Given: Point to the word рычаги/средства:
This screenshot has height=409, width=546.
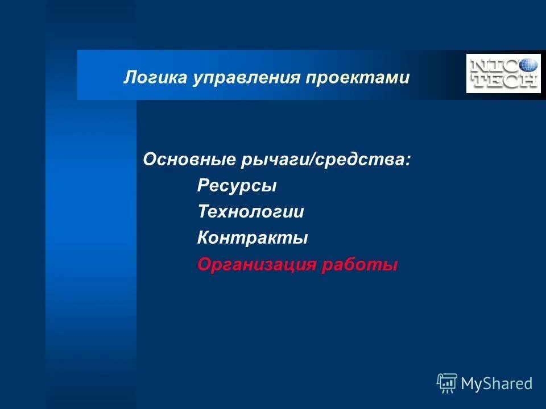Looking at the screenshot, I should pyautogui.click(x=325, y=160).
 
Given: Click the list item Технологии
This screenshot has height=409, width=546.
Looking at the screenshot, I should pyautogui.click(x=251, y=212).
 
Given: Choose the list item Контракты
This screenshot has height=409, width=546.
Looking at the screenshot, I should pyautogui.click(x=253, y=239).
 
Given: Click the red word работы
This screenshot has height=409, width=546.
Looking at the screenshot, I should pyautogui.click(x=359, y=265).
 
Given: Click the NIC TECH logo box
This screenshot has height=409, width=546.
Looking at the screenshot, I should pyautogui.click(x=503, y=73).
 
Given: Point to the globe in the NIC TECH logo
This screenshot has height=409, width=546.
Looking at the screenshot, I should pyautogui.click(x=528, y=64).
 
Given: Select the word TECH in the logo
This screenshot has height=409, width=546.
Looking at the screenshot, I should pyautogui.click(x=503, y=82).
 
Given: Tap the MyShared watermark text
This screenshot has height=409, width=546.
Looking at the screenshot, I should pyautogui.click(x=497, y=384).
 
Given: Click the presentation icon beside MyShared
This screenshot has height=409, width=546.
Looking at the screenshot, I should pyautogui.click(x=447, y=383).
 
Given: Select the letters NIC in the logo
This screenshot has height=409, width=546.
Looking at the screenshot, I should pyautogui.click(x=493, y=64).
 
